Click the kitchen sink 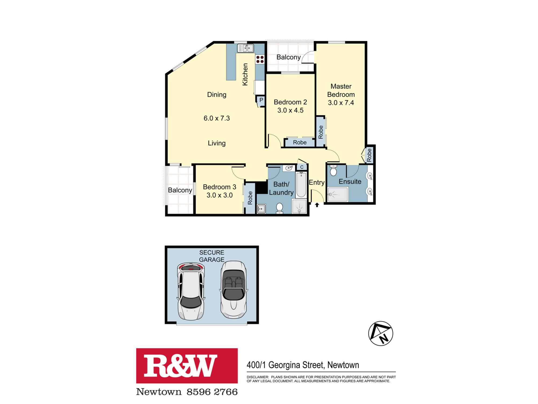click(x=245, y=48)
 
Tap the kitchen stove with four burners click(x=260, y=59)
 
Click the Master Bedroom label click(x=341, y=90)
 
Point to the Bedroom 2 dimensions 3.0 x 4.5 click(x=290, y=110)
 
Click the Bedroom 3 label click(x=220, y=187)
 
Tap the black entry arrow click(x=317, y=205)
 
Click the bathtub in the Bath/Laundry click(x=301, y=184)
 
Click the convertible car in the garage click(x=234, y=290)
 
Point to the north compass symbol click(x=380, y=333)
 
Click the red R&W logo click(x=187, y=365)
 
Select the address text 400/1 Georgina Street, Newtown click(x=303, y=365)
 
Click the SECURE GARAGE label click(x=212, y=256)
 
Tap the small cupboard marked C click(x=302, y=167)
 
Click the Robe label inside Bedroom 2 click(x=300, y=142)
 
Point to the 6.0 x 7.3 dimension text click(x=217, y=118)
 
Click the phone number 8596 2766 click(x=212, y=392)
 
